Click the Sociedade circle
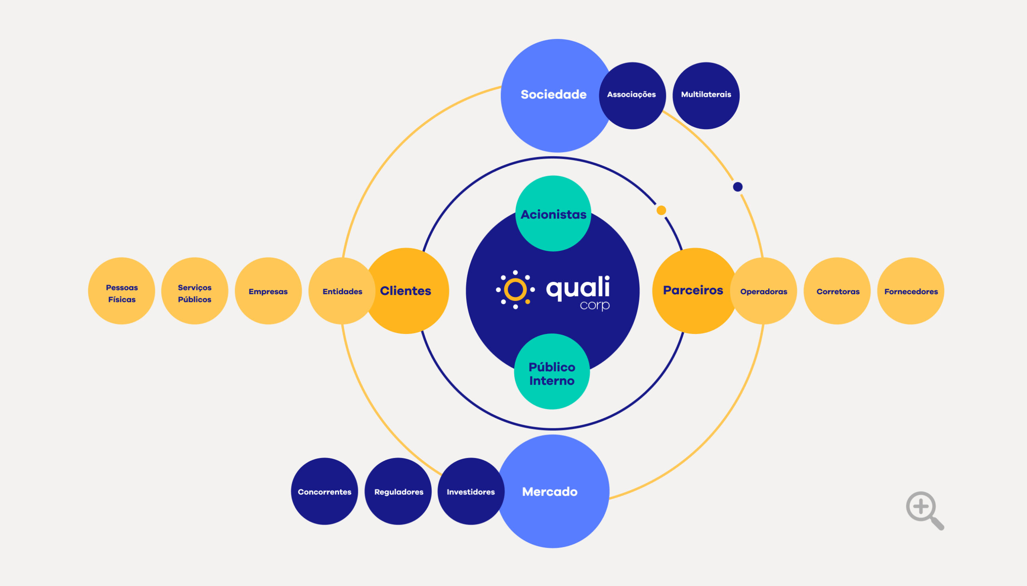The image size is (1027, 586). [554, 95]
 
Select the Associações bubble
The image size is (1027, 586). [632, 95]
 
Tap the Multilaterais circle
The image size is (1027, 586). [706, 95]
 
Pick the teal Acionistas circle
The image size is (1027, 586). [553, 214]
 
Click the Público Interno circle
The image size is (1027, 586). [552, 372]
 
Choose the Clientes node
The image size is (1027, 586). [406, 291]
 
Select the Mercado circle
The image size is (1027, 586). [551, 491]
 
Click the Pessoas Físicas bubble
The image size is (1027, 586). [122, 291]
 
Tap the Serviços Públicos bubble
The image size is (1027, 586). [195, 291]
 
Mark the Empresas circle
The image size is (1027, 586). [268, 291]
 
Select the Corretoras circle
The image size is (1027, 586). [838, 291]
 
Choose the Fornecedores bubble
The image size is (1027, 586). [911, 291]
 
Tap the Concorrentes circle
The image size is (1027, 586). [324, 491]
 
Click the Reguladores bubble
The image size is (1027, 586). [398, 491]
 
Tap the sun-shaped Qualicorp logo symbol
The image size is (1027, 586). [516, 290]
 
